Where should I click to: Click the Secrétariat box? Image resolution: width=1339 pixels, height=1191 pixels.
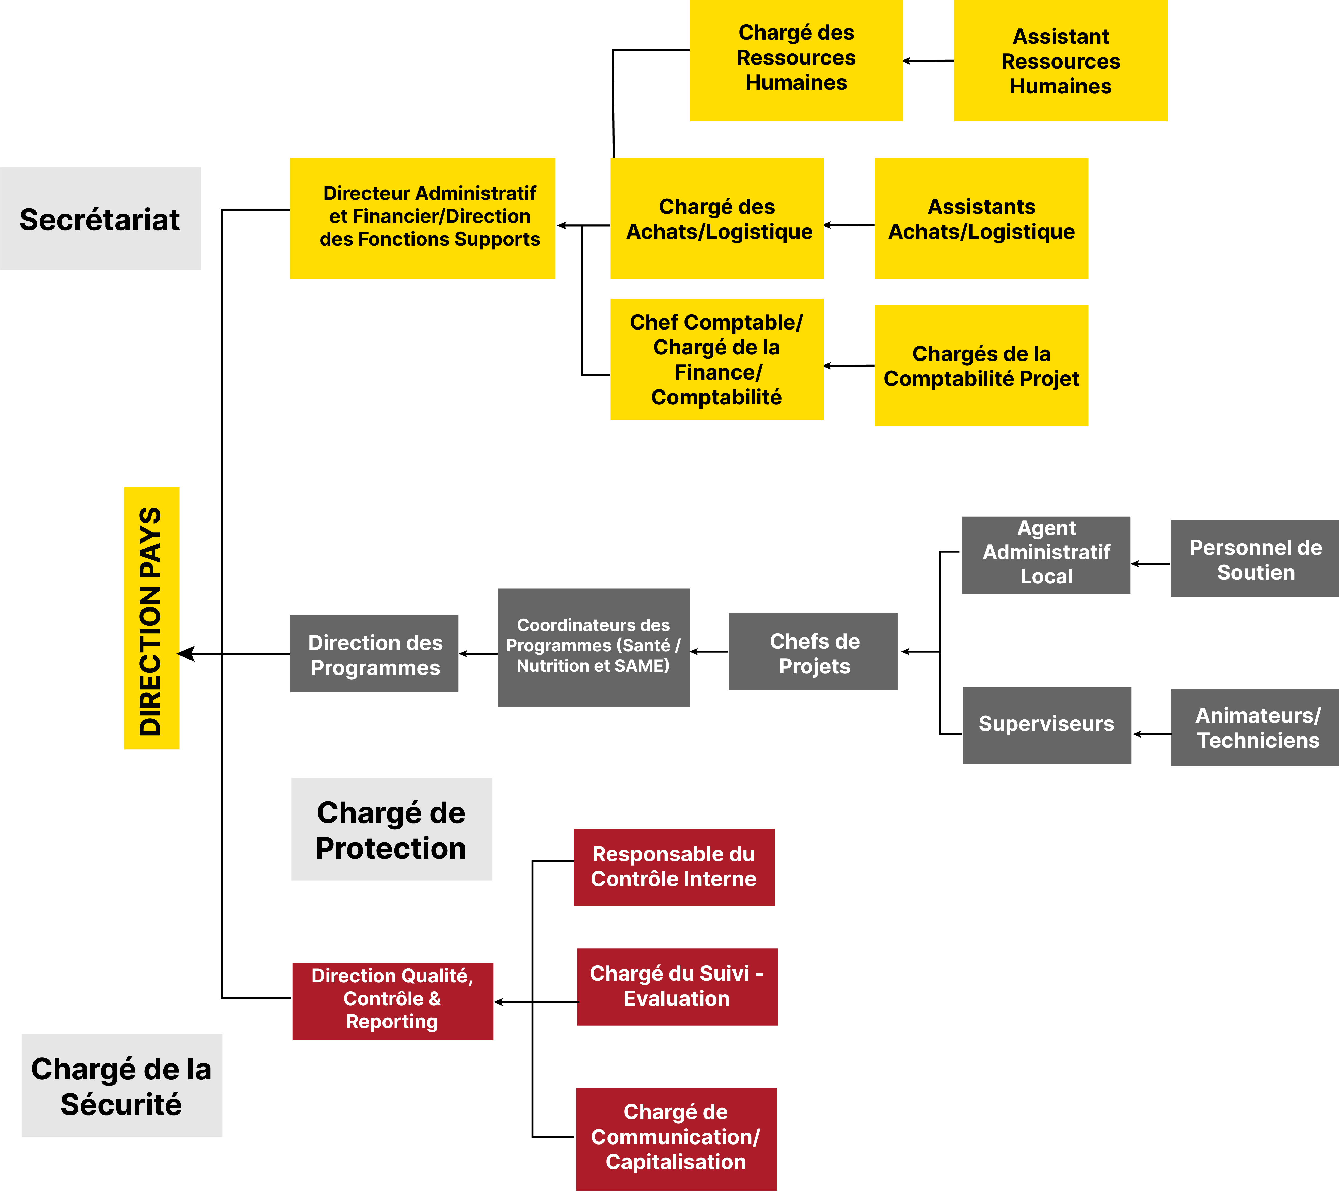click(100, 218)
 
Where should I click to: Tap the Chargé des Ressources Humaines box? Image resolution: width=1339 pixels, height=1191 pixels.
click(796, 60)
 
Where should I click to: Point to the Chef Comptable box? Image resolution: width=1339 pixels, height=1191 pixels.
click(717, 359)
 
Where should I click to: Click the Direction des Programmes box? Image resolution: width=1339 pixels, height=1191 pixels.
click(374, 653)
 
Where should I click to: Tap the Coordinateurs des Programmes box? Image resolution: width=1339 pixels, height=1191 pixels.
click(594, 647)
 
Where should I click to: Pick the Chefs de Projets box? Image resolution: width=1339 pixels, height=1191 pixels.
click(813, 651)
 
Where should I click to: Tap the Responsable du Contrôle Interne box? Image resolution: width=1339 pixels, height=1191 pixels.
click(674, 867)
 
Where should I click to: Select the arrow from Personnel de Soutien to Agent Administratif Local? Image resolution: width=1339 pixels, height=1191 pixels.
click(1150, 563)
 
